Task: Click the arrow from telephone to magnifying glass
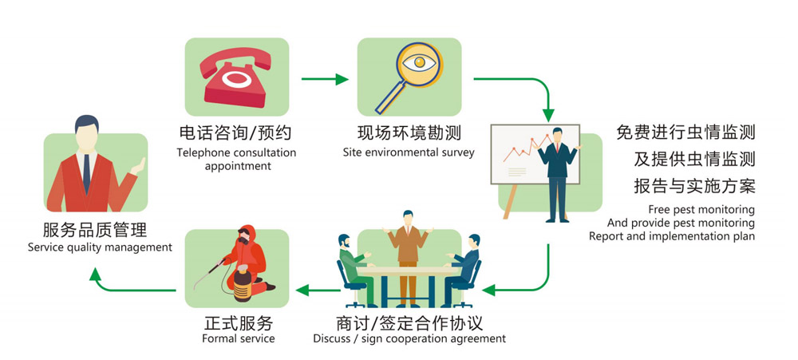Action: pyautogui.click(x=325, y=79)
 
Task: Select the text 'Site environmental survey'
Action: pyautogui.click(x=409, y=152)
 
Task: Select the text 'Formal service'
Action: pyautogui.click(x=238, y=338)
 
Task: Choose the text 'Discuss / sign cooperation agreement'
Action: pyautogui.click(x=409, y=338)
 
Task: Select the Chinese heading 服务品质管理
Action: pyautogui.click(x=95, y=230)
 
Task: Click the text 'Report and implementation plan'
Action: pyautogui.click(x=671, y=236)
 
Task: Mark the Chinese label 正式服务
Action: pyautogui.click(x=238, y=323)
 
